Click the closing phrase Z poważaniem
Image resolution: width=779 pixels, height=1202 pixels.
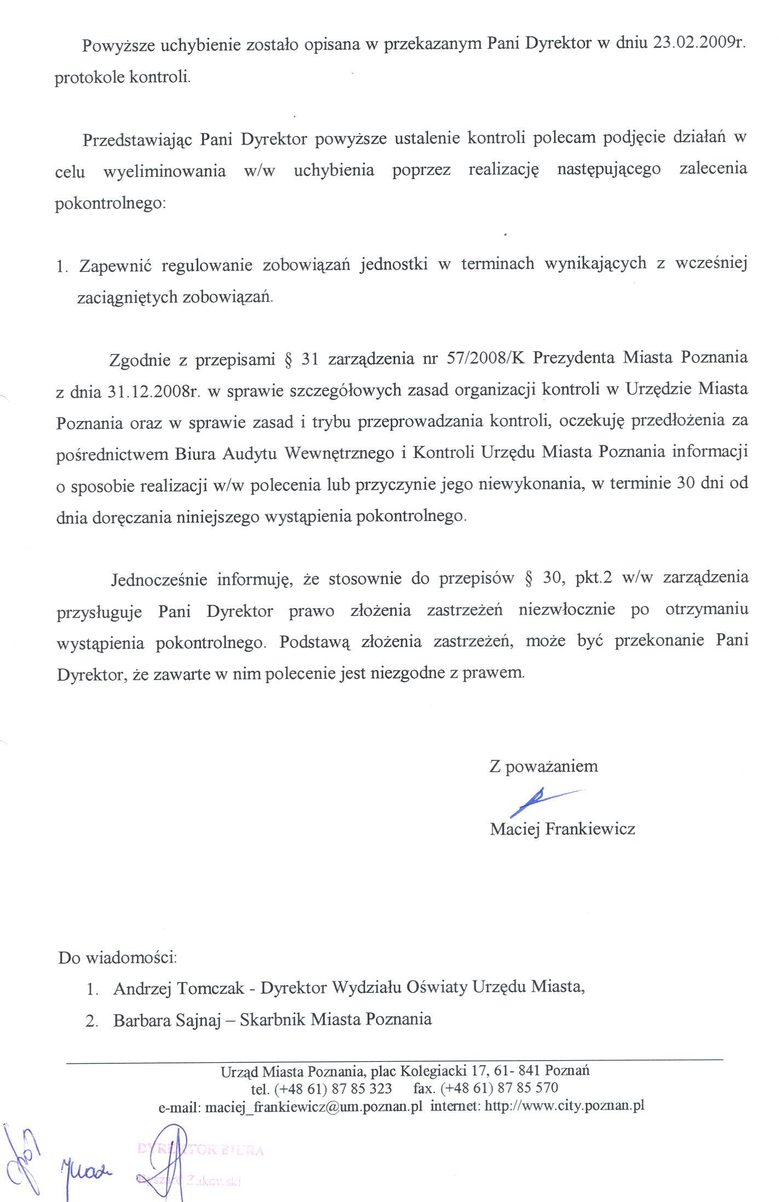coord(543,766)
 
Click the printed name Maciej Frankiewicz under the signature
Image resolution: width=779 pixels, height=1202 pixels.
coord(562,828)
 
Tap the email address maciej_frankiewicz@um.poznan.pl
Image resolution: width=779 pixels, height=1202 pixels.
coord(313,1106)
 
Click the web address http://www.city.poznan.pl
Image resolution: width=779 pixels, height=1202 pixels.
coord(564,1105)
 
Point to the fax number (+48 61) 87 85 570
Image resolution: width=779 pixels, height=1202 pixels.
coord(499,1088)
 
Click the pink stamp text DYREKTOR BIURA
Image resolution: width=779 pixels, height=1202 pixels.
coord(200,1149)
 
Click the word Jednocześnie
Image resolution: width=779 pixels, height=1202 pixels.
coord(159,579)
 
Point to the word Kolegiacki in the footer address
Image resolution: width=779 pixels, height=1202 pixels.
coord(433,1071)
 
